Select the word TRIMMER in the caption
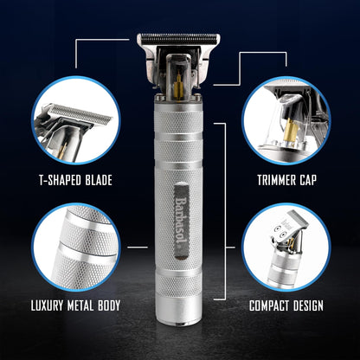276,181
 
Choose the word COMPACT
276,305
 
